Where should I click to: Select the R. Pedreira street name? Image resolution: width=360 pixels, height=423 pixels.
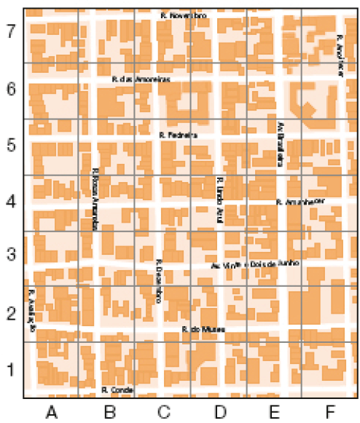click(x=178, y=135)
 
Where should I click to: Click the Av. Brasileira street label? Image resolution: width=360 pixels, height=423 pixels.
click(x=279, y=143)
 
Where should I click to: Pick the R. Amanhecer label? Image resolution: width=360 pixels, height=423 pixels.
click(x=300, y=201)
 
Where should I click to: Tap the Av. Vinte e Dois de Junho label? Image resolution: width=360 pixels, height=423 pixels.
click(x=252, y=265)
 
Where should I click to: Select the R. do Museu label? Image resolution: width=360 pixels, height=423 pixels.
click(x=203, y=329)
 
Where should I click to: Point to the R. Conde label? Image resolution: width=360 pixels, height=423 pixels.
click(x=117, y=390)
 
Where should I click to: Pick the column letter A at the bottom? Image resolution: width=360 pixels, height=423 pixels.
click(x=51, y=412)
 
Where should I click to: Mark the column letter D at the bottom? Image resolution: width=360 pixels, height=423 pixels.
click(x=219, y=412)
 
